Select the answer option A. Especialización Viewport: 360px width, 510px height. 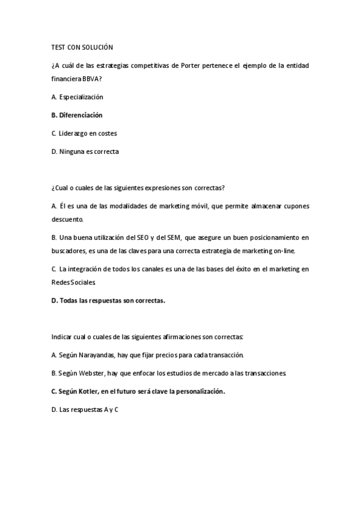pyautogui.click(x=78, y=97)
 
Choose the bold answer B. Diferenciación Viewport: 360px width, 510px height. pyautogui.click(x=77, y=115)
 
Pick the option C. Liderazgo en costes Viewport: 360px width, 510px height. pyautogui.click(x=84, y=133)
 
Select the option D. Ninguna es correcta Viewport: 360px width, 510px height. pyautogui.click(x=85, y=152)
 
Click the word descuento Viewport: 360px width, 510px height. pyautogui.click(x=68, y=219)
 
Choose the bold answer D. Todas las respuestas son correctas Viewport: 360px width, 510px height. pyautogui.click(x=108, y=300)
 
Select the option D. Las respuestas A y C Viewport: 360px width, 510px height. pyautogui.click(x=85, y=410)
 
